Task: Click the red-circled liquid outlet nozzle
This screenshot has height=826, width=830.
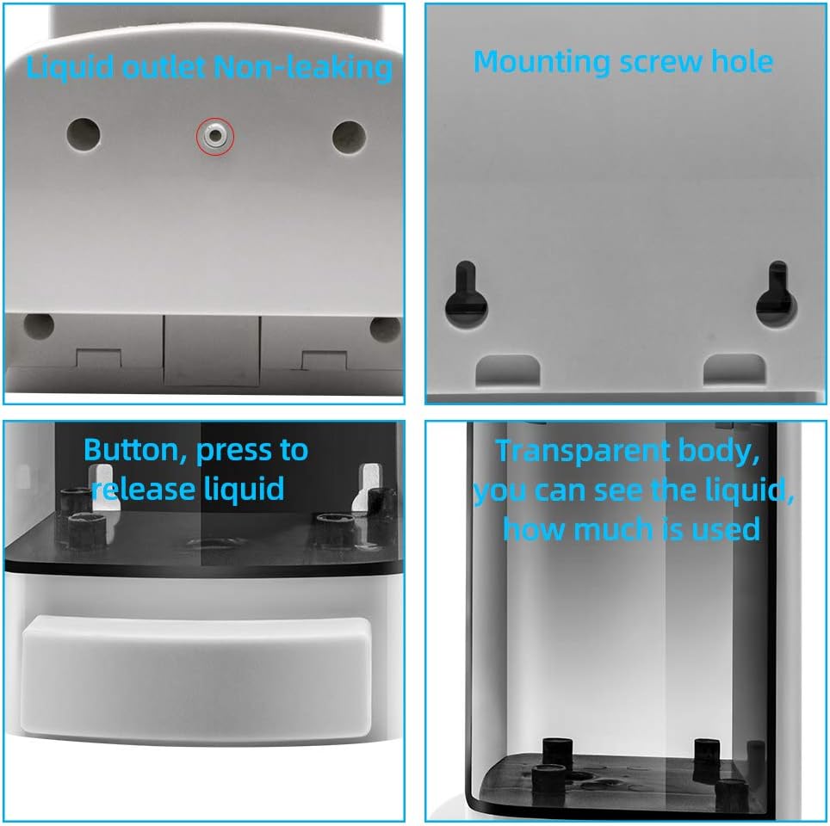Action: pyautogui.click(x=214, y=135)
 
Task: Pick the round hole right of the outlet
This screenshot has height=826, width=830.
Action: pyautogui.click(x=349, y=135)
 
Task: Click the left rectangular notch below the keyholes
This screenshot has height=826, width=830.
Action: pyautogui.click(x=509, y=370)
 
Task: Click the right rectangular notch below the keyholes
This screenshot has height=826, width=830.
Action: pyautogui.click(x=734, y=370)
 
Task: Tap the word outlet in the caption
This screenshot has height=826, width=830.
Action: pyautogui.click(x=162, y=68)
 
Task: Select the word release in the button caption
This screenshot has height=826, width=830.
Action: pyautogui.click(x=143, y=489)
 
